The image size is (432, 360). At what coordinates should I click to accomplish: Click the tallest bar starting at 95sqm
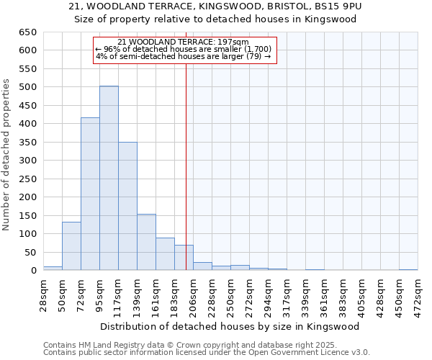109,178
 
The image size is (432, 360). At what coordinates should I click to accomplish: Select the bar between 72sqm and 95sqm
90,194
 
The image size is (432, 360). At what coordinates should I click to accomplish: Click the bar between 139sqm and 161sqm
146,242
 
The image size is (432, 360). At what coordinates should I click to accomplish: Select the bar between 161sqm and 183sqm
165,253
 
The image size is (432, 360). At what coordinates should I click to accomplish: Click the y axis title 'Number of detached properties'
6,155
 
